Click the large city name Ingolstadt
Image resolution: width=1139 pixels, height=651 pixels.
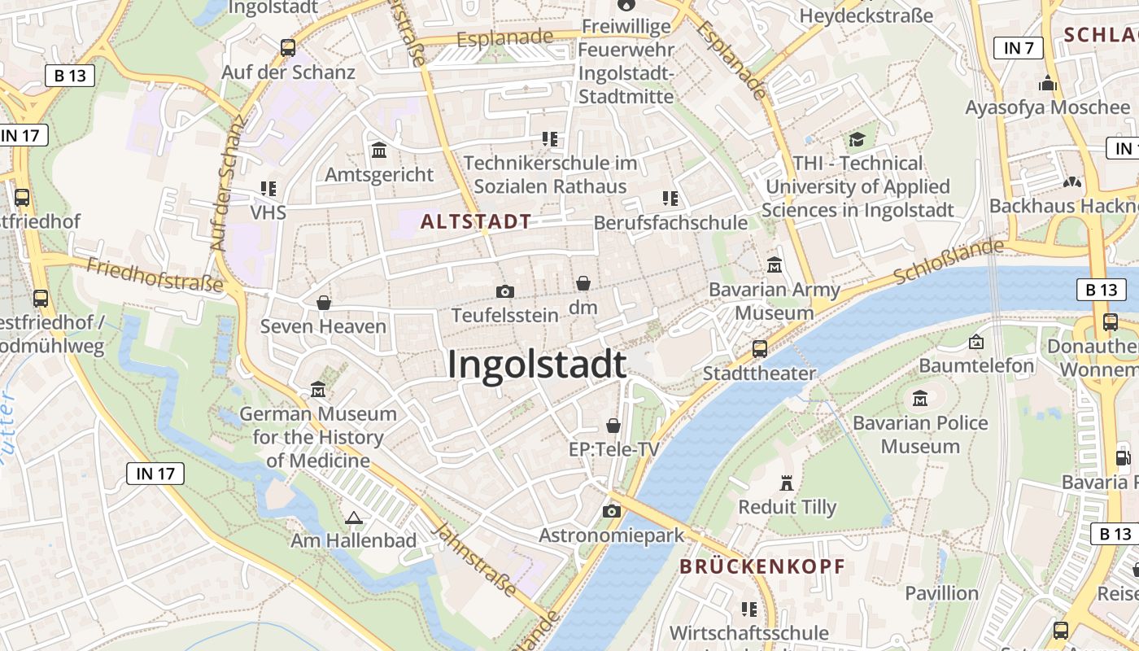(x=537, y=365)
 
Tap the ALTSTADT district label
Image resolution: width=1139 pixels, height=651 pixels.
(x=476, y=221)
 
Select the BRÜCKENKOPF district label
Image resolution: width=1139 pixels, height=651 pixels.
(x=762, y=566)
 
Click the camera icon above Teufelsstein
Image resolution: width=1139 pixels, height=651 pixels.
(x=504, y=291)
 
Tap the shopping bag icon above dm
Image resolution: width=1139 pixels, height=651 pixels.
(x=583, y=283)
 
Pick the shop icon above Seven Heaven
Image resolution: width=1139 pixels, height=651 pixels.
(x=324, y=303)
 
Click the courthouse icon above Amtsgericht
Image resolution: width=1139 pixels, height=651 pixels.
(x=379, y=151)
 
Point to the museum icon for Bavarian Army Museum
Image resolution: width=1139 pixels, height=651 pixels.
(x=774, y=265)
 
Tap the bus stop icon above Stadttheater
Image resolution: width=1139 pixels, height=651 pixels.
(x=759, y=349)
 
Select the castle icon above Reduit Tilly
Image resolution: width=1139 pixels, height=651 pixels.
(x=786, y=483)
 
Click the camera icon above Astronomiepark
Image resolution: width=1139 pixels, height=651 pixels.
(x=611, y=511)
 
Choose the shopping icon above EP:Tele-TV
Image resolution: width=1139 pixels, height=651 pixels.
(x=613, y=426)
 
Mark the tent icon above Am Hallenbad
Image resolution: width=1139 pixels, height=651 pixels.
(x=353, y=517)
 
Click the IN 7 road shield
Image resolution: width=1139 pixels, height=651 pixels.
(x=1019, y=48)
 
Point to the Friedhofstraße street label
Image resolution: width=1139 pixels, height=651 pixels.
(x=154, y=275)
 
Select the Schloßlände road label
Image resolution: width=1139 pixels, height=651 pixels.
(x=948, y=261)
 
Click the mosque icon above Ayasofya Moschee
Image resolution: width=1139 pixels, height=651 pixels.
(x=1047, y=84)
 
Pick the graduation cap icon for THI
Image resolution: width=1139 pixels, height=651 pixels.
(x=857, y=140)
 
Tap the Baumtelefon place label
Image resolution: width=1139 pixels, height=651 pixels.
(x=976, y=365)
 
